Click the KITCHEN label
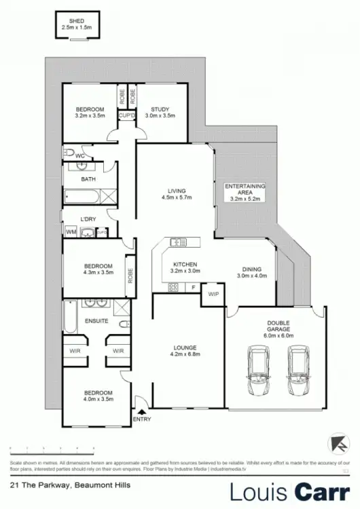(185, 265)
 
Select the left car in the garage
(258, 371)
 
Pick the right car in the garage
(298, 371)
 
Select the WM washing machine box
(71, 232)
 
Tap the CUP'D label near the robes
(126, 116)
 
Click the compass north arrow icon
(336, 442)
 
